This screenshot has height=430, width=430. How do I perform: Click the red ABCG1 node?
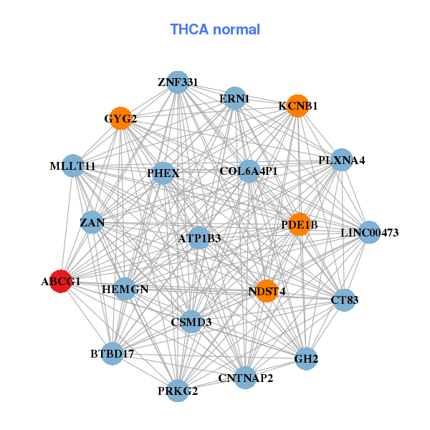tap(61, 282)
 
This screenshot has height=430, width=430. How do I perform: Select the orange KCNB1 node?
tap(297, 106)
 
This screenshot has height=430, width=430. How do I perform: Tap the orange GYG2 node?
tap(122, 118)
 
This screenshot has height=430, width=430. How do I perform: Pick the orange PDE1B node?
tap(299, 224)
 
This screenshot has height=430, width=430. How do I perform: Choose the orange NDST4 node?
tap(267, 291)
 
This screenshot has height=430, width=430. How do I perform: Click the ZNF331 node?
tap(178, 82)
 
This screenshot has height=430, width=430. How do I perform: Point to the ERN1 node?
tap(235, 98)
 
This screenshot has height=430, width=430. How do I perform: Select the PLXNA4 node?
tap(342, 160)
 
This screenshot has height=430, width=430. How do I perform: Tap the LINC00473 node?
tap(369, 232)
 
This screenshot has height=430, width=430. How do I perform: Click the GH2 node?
tap(306, 358)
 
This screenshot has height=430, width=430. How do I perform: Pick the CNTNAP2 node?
tap(246, 378)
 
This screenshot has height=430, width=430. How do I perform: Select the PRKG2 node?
tap(178, 391)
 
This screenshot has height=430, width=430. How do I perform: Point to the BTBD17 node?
tap(113, 353)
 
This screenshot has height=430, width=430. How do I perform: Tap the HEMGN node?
tap(125, 290)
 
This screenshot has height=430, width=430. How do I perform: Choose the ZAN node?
tap(92, 223)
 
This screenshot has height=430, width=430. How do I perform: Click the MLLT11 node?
tap(72, 166)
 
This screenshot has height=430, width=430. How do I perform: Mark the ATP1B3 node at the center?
tap(199, 238)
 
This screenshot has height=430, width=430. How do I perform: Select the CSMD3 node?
tap(191, 322)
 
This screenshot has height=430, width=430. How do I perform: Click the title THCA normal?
tap(215, 29)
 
